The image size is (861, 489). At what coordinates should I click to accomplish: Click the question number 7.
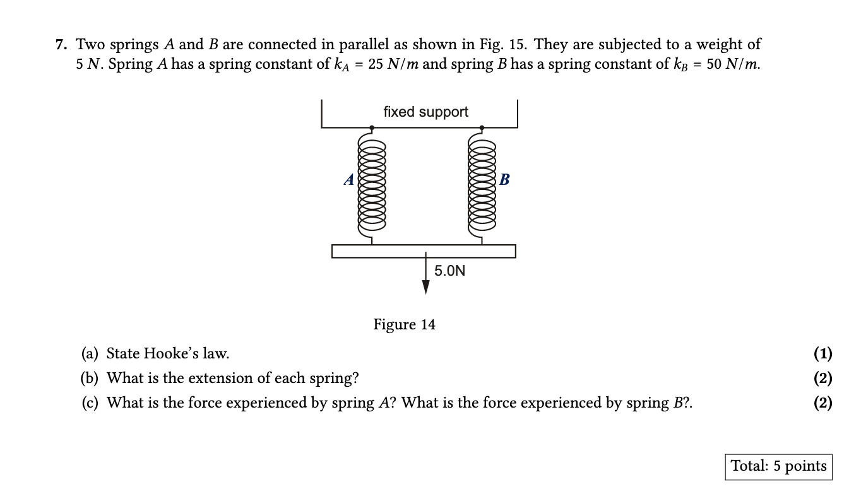61,45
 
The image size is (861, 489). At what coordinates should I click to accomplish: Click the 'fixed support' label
425,112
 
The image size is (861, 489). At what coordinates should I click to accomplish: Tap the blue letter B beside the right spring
504,180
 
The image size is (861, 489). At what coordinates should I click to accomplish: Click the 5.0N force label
449,271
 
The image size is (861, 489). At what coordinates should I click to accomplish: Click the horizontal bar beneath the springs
424,251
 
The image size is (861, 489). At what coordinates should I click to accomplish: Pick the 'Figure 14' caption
404,324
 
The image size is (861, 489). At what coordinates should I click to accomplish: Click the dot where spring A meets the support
372,127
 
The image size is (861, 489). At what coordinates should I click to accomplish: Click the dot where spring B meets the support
482,127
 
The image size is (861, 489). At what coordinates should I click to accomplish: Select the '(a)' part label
90,353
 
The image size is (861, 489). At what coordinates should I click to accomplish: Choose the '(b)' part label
90,378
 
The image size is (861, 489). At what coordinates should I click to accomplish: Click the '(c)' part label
90,403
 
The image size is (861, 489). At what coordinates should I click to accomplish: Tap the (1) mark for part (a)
822,353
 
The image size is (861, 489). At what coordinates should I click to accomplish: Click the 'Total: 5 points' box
778,466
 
